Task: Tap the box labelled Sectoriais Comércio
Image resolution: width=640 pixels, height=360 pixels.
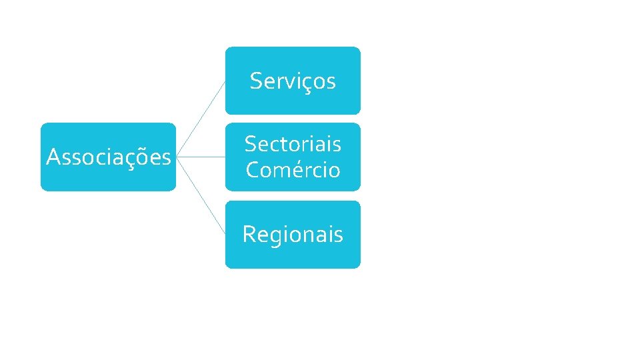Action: [x=293, y=157]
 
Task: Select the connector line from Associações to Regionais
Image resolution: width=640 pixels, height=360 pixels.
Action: [x=201, y=195]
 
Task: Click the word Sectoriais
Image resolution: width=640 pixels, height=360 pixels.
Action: [x=293, y=143]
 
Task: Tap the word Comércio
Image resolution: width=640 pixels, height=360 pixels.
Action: [x=293, y=170]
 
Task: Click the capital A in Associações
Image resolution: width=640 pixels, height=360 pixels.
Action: [x=53, y=157]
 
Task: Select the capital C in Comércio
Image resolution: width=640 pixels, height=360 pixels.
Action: [x=253, y=170]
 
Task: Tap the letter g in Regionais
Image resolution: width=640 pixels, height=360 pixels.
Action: [x=275, y=236]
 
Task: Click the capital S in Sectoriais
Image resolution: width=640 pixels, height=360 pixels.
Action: [x=251, y=143]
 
